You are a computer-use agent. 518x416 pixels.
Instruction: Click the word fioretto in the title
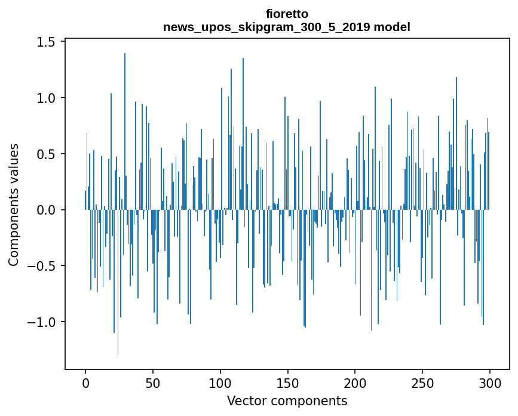[287, 14]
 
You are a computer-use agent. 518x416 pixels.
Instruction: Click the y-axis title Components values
[14, 204]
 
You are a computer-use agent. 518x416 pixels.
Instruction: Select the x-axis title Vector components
[287, 400]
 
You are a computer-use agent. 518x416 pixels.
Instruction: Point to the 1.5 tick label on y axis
[47, 42]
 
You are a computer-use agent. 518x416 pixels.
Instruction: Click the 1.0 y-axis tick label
[47, 98]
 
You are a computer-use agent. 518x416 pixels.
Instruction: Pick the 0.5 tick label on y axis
[47, 154]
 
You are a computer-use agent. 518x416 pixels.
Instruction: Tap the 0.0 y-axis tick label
[47, 210]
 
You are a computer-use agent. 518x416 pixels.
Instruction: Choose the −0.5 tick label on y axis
[43, 266]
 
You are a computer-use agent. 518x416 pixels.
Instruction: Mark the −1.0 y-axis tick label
[43, 322]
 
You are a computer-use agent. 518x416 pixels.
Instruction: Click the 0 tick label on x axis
[85, 382]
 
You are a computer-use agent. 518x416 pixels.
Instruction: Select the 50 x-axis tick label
[153, 382]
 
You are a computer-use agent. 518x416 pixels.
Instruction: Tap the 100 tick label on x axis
[220, 382]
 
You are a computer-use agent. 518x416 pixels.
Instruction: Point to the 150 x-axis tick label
[287, 382]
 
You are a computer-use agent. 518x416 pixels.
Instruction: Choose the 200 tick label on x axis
[355, 382]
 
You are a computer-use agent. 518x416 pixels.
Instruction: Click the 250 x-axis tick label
[422, 382]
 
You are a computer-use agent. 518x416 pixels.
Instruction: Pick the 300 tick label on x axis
[490, 382]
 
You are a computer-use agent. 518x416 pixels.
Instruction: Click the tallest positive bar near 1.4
[125, 131]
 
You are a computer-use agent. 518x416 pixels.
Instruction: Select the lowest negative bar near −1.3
[118, 281]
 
